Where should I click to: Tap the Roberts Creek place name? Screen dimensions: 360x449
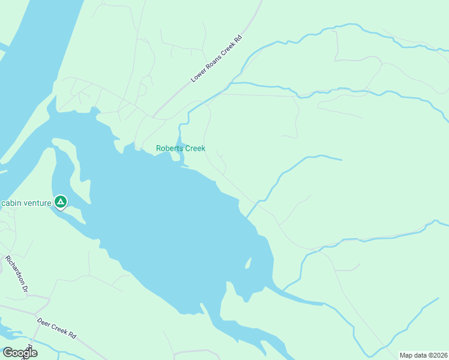[x=181, y=148]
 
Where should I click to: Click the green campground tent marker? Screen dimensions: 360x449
[x=60, y=202]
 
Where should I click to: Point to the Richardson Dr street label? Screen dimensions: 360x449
[x=17, y=274]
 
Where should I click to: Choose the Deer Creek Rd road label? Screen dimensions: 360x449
[x=58, y=327]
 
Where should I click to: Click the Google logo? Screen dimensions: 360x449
[x=19, y=353]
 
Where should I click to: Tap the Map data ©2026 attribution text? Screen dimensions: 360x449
[x=423, y=355]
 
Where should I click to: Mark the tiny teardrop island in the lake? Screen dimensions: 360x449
[x=249, y=263]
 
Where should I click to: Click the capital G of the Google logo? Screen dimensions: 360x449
[x=7, y=353]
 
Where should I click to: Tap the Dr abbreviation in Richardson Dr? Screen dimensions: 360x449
[x=25, y=287]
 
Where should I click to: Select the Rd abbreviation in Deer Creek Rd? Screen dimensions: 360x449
[x=73, y=334]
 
